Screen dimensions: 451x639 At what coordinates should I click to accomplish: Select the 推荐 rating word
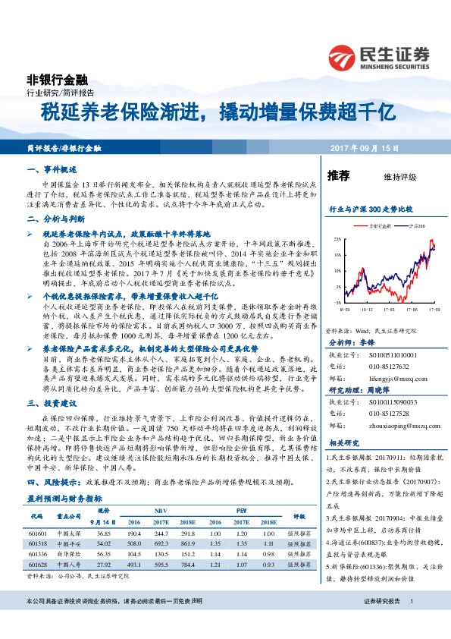(x=338, y=176)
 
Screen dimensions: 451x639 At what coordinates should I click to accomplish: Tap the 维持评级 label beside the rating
(x=400, y=178)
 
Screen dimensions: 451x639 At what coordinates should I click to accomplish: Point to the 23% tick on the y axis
(x=335, y=238)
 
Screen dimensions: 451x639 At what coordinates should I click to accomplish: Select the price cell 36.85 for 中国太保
(x=104, y=533)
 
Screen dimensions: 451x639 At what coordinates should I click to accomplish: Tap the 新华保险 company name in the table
(x=69, y=552)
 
